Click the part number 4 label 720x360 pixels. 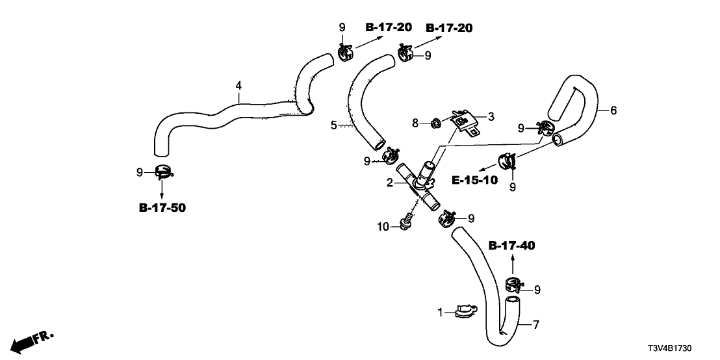tap(238, 85)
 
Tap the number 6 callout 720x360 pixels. tap(613, 111)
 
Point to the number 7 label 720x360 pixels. tap(536, 324)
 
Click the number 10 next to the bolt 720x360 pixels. tap(383, 226)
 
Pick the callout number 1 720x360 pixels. tap(439, 313)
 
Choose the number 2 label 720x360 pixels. tap(389, 183)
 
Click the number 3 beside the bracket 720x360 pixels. tap(491, 116)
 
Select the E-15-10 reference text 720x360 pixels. tap(476, 180)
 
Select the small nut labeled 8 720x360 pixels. tap(448, 122)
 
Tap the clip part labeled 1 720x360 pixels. tap(463, 312)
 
